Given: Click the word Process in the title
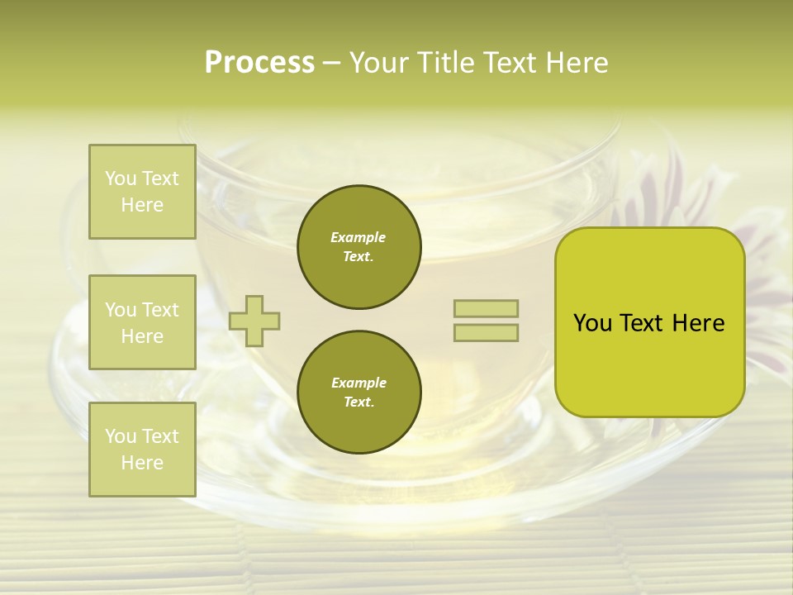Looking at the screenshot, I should click(x=259, y=63).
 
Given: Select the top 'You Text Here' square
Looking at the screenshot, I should click(x=142, y=192).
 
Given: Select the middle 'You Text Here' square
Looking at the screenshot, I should click(x=142, y=322).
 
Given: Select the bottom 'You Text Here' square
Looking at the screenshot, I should click(x=142, y=450).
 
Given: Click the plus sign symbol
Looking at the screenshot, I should click(x=254, y=321).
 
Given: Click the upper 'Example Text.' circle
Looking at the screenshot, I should click(x=359, y=246).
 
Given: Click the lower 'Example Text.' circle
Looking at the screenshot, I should click(x=359, y=392).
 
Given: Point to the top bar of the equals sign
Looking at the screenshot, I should click(x=486, y=308).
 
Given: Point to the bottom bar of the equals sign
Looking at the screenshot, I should click(x=486, y=332).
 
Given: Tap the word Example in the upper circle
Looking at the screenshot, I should click(x=359, y=237).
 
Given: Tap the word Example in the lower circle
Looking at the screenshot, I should click(x=359, y=383).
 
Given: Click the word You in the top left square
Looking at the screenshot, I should click(x=121, y=178).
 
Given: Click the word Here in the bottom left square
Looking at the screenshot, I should click(x=142, y=463).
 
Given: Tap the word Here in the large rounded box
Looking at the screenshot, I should click(x=698, y=323).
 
